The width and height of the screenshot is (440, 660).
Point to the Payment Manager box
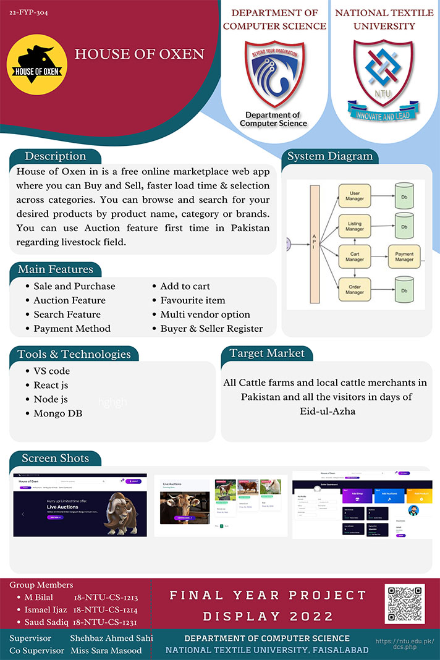pos(404,256)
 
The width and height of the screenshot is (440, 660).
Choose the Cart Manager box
pos(355,256)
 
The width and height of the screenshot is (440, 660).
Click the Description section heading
pos(55,156)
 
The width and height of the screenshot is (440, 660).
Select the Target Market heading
pos(267,353)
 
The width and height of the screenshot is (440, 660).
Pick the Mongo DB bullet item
pos(58,413)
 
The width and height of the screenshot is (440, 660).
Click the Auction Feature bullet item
pos(69,300)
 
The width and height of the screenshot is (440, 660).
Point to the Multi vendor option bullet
pos(205,315)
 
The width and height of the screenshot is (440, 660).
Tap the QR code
pos(405,604)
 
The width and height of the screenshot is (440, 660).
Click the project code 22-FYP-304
pos(28,12)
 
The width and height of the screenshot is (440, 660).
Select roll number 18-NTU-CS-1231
pos(104,622)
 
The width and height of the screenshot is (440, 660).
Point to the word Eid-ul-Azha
pos(326,411)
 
